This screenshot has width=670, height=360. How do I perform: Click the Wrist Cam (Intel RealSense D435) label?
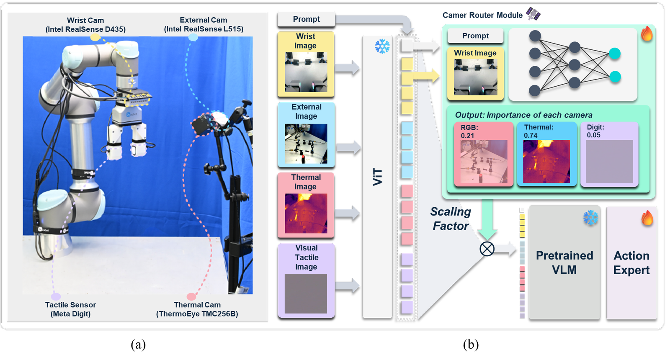[x=85, y=25]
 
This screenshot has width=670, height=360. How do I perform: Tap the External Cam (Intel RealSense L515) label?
[x=204, y=25]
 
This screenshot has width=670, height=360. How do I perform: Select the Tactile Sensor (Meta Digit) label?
[x=71, y=309]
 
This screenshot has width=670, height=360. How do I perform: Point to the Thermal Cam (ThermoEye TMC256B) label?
[x=197, y=309]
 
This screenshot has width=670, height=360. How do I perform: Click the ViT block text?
[x=378, y=177]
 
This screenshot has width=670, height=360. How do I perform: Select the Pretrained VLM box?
[x=564, y=262]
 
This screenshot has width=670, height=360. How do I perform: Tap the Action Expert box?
[x=631, y=262]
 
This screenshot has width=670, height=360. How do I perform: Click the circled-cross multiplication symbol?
[x=487, y=249]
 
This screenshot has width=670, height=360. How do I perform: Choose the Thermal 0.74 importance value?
[x=531, y=136]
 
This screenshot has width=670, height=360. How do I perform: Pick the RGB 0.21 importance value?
[x=467, y=136]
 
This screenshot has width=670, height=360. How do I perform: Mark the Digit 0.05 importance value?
[x=594, y=135]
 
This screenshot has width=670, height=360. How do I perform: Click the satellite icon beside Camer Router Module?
[x=533, y=14]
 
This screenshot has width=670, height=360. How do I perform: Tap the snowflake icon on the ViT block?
[x=382, y=46]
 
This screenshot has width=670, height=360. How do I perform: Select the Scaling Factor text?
[x=451, y=219]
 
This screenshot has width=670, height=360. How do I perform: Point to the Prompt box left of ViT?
[x=306, y=19]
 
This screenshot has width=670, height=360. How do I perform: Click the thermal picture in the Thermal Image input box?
[x=306, y=213]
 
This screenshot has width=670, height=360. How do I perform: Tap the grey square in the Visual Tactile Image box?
[x=306, y=293]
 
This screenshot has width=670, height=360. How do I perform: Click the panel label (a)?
[x=138, y=345]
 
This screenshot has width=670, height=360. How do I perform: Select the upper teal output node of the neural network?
[x=615, y=54]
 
